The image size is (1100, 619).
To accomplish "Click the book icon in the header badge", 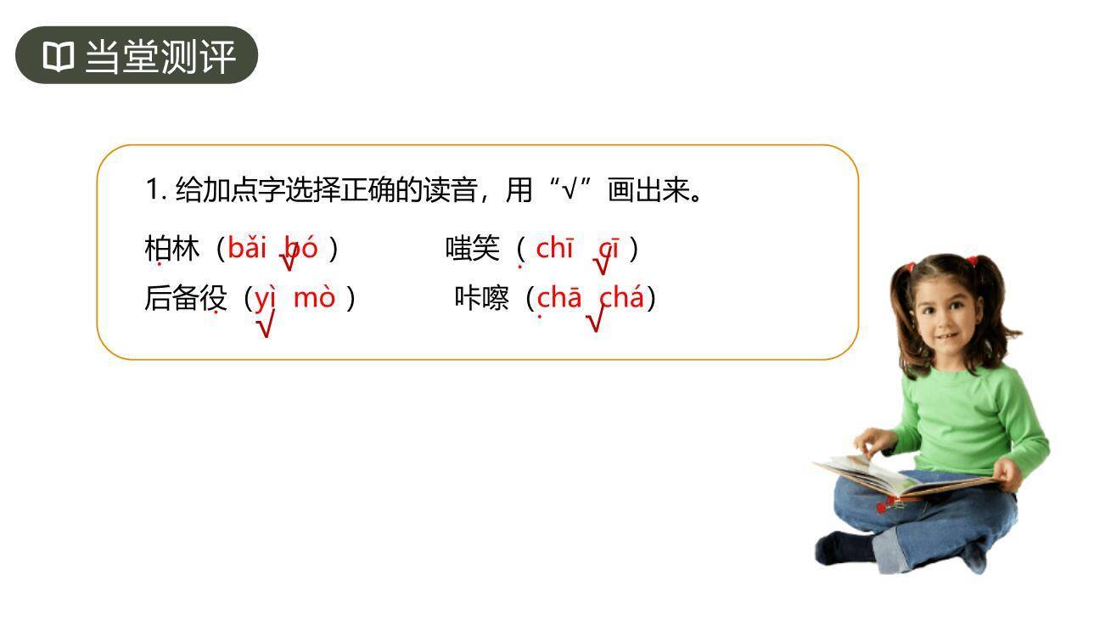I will pyautogui.click(x=58, y=57).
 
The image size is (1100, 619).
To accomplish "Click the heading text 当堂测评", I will pyautogui.click(x=160, y=57).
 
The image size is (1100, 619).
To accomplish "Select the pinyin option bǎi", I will pyautogui.click(x=247, y=248).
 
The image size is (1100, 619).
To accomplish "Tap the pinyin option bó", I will pyautogui.click(x=301, y=248).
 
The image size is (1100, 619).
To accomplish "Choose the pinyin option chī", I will pyautogui.click(x=555, y=248).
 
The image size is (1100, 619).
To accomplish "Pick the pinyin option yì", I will pyautogui.click(x=266, y=298).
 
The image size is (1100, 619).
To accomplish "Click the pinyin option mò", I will pyautogui.click(x=314, y=298).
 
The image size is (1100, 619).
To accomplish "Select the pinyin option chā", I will pyautogui.click(x=559, y=298).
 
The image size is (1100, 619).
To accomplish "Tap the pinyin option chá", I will pyautogui.click(x=622, y=298).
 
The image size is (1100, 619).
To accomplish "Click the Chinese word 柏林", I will pyautogui.click(x=171, y=249).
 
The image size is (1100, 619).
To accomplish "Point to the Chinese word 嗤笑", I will pyautogui.click(x=473, y=249).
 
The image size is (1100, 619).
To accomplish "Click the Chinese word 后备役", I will pyautogui.click(x=186, y=299).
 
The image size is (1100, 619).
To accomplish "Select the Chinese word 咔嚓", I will pyautogui.click(x=481, y=299).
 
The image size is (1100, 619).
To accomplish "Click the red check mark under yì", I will pyautogui.click(x=265, y=324).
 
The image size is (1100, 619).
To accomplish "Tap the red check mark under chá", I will pyautogui.click(x=595, y=320).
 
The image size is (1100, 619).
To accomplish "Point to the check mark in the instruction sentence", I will pyautogui.click(x=570, y=189).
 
